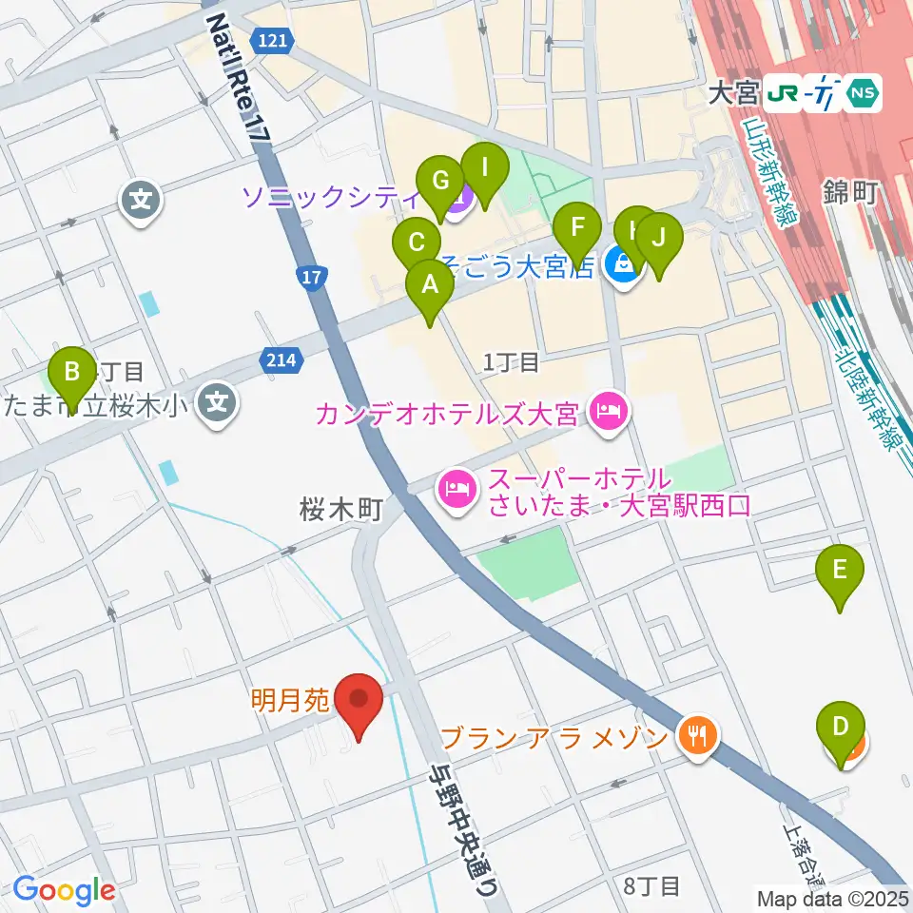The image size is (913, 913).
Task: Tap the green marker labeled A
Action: coord(429,286)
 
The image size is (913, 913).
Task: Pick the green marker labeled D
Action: coord(840,728)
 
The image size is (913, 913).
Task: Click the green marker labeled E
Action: coord(840,573)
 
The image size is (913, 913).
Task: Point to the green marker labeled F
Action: coord(577,231)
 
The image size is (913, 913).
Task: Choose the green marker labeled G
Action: coord(440,184)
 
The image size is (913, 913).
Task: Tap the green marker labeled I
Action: coord(485,172)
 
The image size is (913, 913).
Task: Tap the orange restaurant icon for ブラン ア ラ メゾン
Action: coord(697,735)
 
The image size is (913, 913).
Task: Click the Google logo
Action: coord(64,889)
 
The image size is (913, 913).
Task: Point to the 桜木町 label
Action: coord(341,510)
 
